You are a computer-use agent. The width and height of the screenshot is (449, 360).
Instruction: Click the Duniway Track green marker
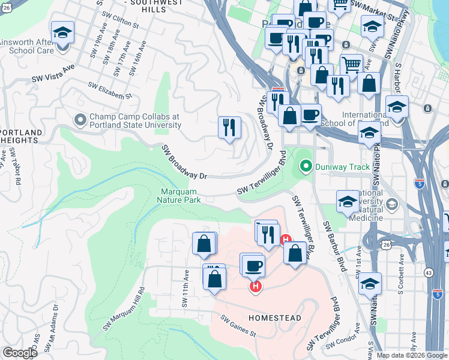click(x=306, y=167)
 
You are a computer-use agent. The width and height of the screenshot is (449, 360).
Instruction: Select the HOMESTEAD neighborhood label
click(x=274, y=317)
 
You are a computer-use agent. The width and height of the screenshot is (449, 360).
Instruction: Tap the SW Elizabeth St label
click(x=110, y=91)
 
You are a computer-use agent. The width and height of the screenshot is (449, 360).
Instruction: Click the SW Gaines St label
click(x=238, y=326)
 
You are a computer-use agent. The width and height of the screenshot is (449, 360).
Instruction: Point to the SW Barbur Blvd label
click(x=334, y=245)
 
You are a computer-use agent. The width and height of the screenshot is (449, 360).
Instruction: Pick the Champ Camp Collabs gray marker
click(x=79, y=121)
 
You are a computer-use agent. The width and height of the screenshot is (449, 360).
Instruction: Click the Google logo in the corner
click(x=20, y=353)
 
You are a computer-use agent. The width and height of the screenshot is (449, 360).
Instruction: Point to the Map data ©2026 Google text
click(x=412, y=355)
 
